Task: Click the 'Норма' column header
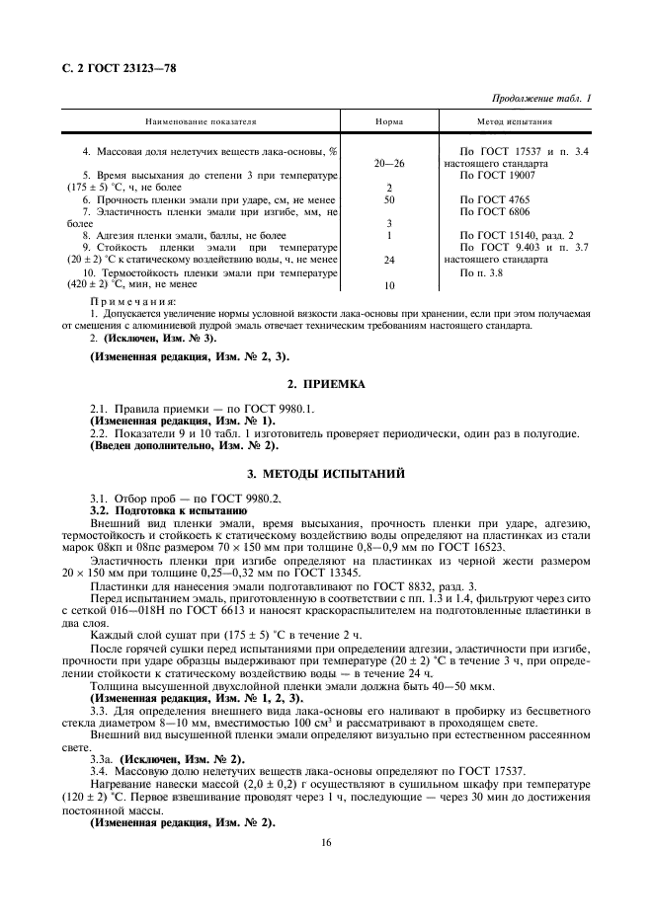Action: (389, 122)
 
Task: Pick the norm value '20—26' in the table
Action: (389, 163)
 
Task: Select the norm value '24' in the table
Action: (389, 260)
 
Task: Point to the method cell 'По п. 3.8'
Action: (486, 272)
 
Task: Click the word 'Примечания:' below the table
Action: (133, 301)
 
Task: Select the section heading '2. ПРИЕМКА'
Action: (326, 383)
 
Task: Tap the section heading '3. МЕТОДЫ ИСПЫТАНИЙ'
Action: (326, 475)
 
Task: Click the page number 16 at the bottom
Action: (326, 842)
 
